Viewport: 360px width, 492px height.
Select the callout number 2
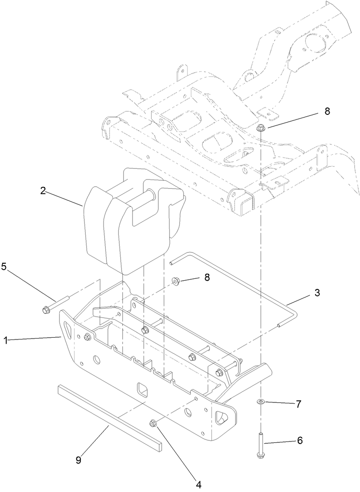42,191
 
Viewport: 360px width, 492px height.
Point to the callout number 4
199,484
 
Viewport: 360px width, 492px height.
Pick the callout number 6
299,440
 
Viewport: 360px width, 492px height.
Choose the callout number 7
298,404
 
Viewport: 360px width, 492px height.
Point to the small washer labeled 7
261,402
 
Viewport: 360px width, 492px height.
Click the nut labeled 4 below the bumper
154,423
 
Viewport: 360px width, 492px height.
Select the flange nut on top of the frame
261,129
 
